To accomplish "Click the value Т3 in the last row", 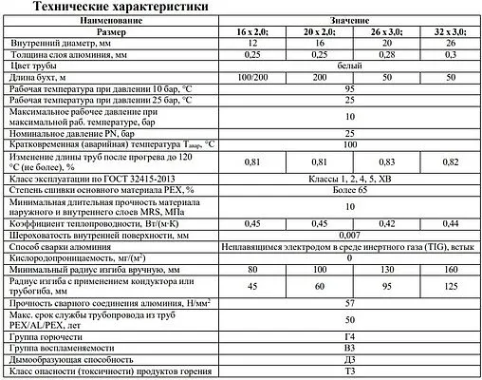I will [350, 372].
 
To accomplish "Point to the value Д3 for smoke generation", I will [350, 361].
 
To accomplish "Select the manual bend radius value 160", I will [449, 269].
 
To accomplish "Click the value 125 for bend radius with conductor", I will [449, 286].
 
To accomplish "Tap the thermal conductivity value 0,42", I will [387, 222].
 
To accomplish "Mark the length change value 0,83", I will [387, 163].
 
